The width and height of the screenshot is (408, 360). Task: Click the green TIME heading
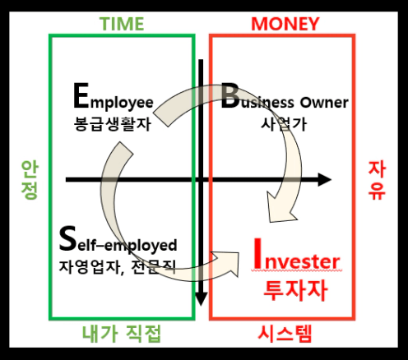tap(122, 24)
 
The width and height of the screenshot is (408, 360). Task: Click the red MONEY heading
tap(285, 24)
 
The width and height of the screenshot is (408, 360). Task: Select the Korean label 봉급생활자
tap(113, 124)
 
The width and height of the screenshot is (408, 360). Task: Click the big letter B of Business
tap(229, 96)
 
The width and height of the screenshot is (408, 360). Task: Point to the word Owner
tap(324, 103)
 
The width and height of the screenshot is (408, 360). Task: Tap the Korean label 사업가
tap(283, 124)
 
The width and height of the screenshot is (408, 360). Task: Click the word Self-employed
tap(118, 240)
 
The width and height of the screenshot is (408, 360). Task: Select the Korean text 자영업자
tap(90, 266)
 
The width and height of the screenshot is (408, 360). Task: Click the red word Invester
tap(297, 256)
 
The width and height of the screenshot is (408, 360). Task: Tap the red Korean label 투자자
tap(295, 290)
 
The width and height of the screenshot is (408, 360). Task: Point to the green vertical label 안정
tap(30, 179)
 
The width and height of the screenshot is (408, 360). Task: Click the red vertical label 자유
tap(377, 180)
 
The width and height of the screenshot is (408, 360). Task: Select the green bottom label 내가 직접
tap(122, 334)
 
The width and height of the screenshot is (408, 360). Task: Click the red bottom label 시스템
tap(285, 334)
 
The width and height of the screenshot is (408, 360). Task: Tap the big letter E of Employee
tap(81, 96)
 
